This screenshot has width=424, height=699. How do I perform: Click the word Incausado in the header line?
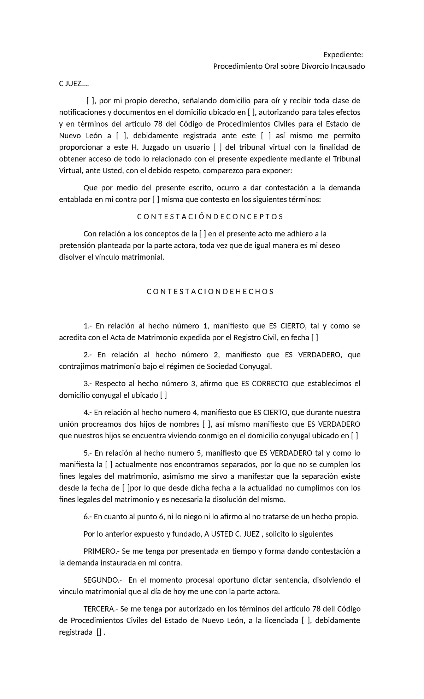(x=348, y=67)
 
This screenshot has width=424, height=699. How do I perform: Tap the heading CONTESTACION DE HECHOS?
(x=210, y=292)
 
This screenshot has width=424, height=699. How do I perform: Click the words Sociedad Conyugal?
(x=243, y=366)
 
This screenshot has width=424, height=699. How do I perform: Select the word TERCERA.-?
(x=101, y=609)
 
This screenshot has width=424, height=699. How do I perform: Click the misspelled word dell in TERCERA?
(x=328, y=609)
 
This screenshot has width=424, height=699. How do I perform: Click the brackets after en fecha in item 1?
(x=314, y=338)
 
